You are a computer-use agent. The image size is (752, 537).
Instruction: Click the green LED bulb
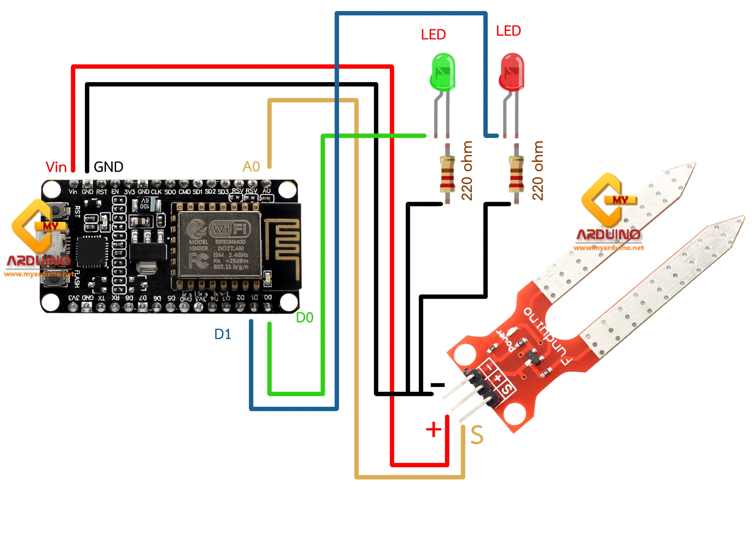pyautogui.click(x=443, y=72)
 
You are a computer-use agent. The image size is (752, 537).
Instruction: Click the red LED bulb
pyautogui.click(x=512, y=72)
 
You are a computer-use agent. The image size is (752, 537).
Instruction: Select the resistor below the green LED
pyautogui.click(x=447, y=174)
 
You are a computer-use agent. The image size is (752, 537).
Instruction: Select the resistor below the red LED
pyautogui.click(x=516, y=174)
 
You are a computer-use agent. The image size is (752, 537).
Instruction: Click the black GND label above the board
pyautogui.click(x=109, y=167)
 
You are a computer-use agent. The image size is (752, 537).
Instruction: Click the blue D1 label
pyautogui.click(x=223, y=334)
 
